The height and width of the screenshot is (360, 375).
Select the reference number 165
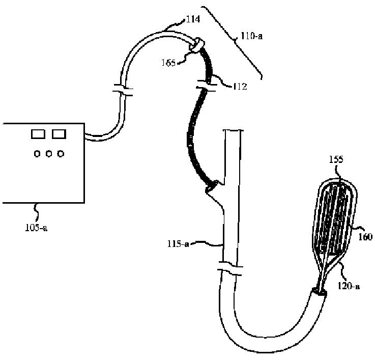182,64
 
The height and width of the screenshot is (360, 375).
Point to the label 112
238,86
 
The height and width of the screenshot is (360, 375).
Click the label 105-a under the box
37,228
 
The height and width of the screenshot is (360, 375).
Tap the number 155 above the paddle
336,159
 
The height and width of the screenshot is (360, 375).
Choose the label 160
365,236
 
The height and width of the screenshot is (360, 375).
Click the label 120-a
349,287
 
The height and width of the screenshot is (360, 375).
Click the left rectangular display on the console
38,134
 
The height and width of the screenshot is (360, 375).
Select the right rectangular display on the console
59,134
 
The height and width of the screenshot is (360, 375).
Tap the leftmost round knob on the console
38,153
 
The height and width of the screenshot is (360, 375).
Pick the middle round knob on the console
49,153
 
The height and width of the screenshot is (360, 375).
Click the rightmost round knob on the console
61,153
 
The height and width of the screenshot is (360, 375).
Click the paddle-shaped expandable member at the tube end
336,219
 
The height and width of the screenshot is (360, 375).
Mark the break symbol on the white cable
122,92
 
